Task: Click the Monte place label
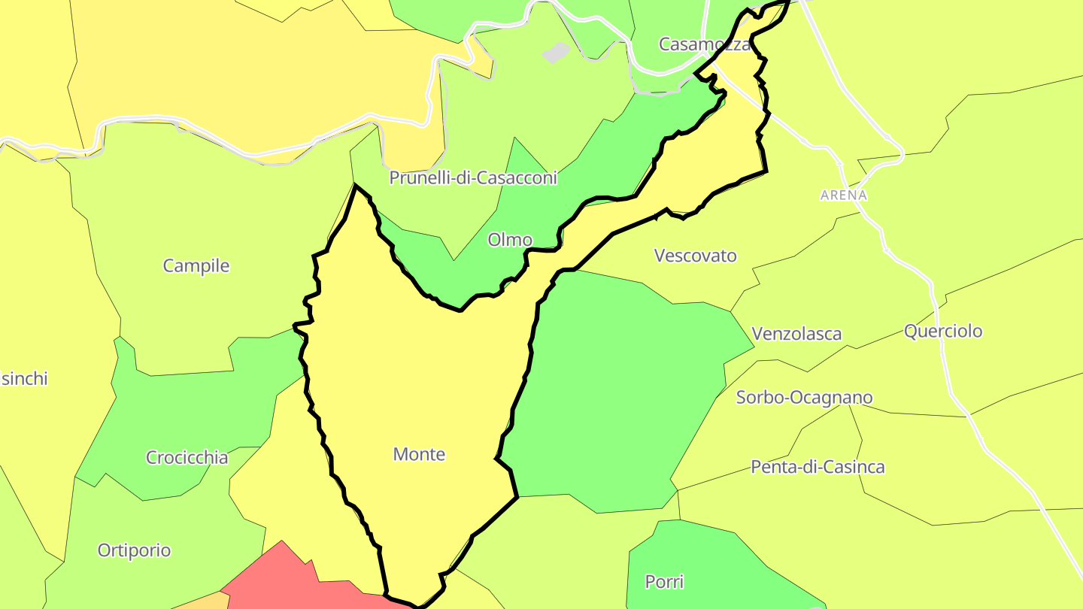[x=419, y=454]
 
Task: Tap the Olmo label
[x=510, y=240]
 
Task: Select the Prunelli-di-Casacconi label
[x=473, y=177]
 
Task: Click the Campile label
[x=196, y=265]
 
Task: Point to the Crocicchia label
[x=187, y=457]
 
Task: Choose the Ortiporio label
[x=135, y=550]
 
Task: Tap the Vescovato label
[x=696, y=256]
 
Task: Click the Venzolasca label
[x=796, y=333]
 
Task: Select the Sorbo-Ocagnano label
[x=804, y=397]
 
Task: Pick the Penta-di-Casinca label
[x=818, y=467]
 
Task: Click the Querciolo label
[x=943, y=331]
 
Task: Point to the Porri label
[x=665, y=581]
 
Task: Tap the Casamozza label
[x=704, y=44]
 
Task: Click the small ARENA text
[x=844, y=195]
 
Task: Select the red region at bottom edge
[x=286, y=583]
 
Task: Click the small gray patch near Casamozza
[x=556, y=52]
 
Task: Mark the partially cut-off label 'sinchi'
[x=24, y=378]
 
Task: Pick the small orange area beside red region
[x=207, y=601]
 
